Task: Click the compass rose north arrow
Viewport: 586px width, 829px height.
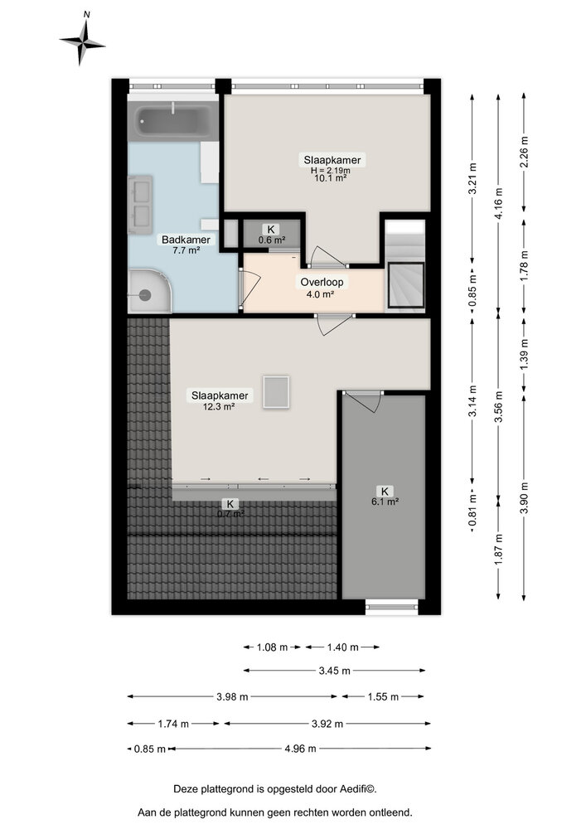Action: tap(83, 41)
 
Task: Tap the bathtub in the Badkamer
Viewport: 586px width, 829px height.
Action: tap(172, 122)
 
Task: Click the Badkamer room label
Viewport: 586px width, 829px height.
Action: tap(186, 240)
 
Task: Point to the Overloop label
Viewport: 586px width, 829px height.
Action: tap(322, 282)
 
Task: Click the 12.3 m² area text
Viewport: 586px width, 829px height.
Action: tap(211, 406)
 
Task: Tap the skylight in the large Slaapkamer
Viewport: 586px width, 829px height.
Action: tap(275, 391)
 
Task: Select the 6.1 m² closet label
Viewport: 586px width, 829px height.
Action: tap(385, 501)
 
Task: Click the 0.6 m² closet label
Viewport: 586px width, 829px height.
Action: tap(271, 240)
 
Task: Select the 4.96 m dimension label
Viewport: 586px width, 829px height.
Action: tap(299, 749)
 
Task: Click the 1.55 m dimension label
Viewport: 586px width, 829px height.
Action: tap(383, 697)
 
